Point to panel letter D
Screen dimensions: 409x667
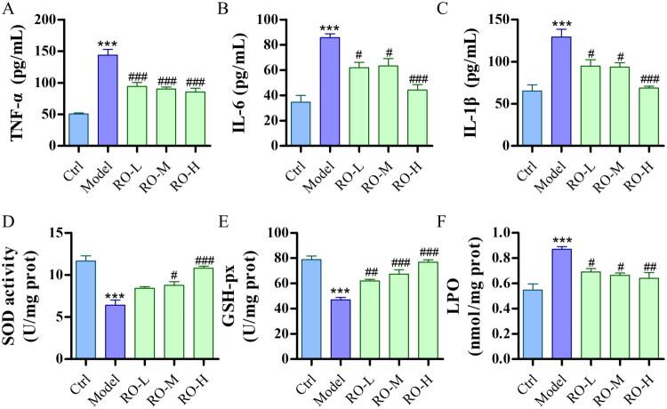tap(7, 219)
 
